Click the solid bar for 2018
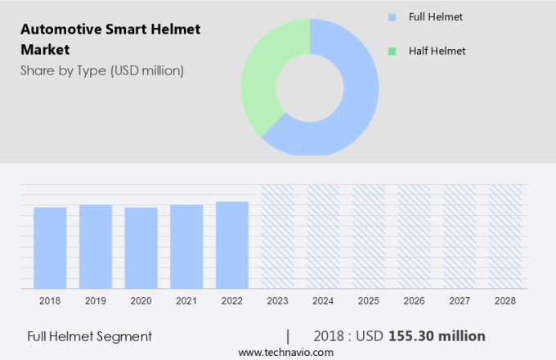pyautogui.click(x=50, y=247)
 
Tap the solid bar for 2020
pyautogui.click(x=141, y=247)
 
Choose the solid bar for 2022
pyautogui.click(x=232, y=245)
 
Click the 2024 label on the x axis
pyautogui.click(x=323, y=301)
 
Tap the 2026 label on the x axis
pyautogui.click(x=414, y=301)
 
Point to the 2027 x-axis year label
pyautogui.click(x=460, y=301)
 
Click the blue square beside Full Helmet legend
pyautogui.click(x=392, y=16)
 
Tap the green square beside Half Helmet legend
pyautogui.click(x=392, y=51)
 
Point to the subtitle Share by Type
pyautogui.click(x=102, y=70)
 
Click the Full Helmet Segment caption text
pyautogui.click(x=89, y=335)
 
